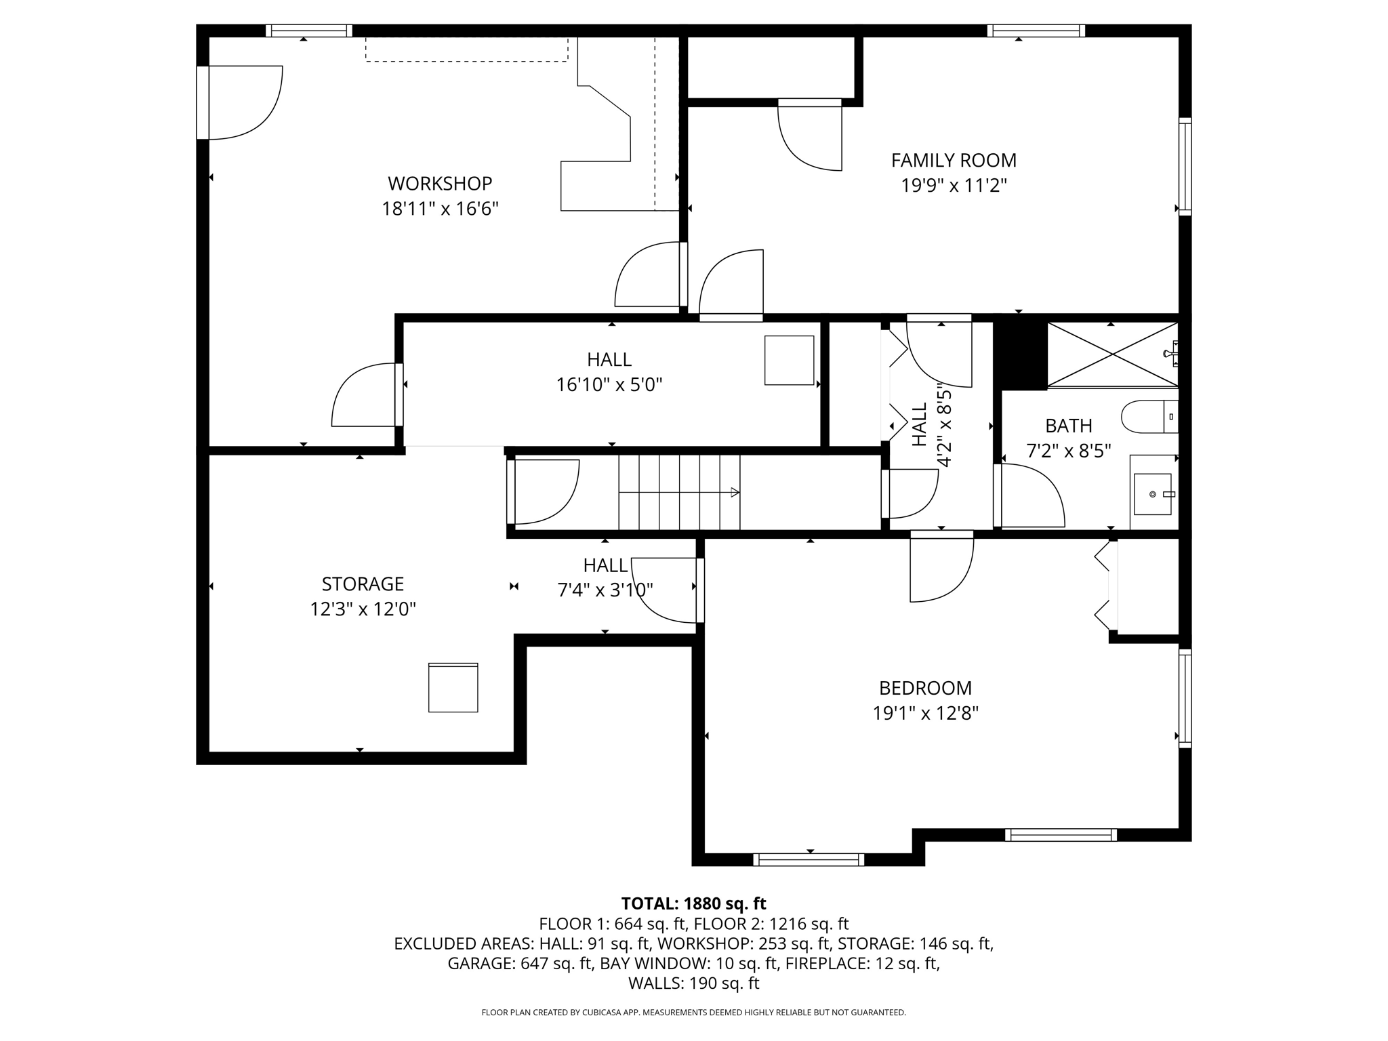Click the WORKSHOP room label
440,184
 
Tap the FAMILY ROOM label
954,161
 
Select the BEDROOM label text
925,688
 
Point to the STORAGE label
363,584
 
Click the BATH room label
1069,426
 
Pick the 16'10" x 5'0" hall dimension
609,385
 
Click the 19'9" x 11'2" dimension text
954,186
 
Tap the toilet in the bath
1150,417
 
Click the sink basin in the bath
1153,494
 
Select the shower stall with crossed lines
1113,354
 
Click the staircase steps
679,492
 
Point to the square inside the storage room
453,687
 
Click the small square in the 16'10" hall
790,361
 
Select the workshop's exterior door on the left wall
203,102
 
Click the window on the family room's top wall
1036,30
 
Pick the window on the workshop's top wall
308,30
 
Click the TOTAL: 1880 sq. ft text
693,903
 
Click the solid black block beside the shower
1020,352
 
